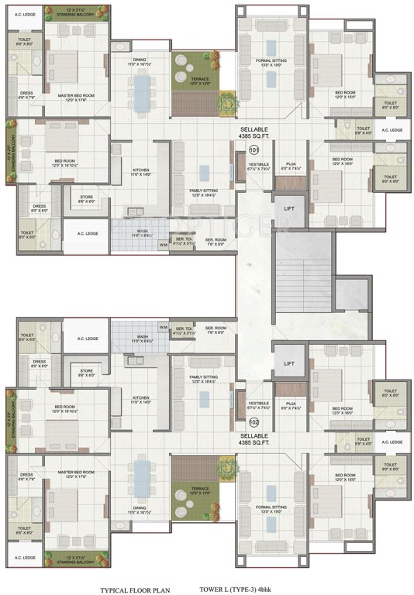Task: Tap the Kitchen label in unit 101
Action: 140,172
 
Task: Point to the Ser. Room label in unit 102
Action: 216,329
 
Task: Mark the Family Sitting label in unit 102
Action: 204,378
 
